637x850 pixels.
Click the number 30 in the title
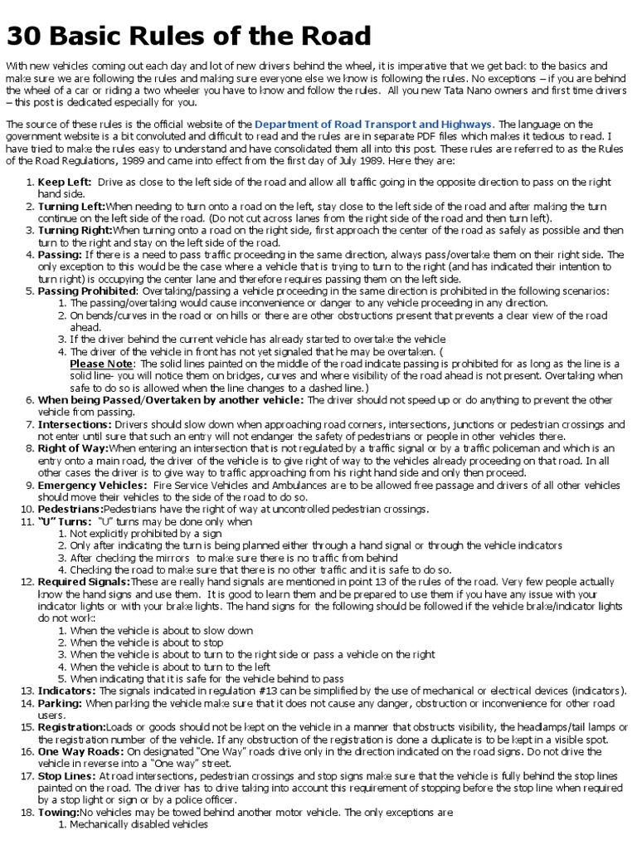click(x=24, y=36)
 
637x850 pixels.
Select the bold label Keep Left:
click(x=65, y=182)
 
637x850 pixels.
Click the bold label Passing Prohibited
click(x=87, y=291)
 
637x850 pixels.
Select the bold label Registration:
click(x=72, y=727)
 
